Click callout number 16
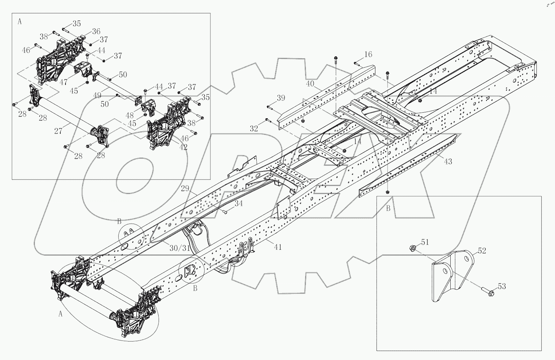coord(368,54)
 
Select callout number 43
coord(448,161)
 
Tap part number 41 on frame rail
coord(278,247)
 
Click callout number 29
coord(185,189)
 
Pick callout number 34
coord(238,203)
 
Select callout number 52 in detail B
coord(482,250)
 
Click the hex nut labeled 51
coord(412,248)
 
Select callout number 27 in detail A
coord(58,131)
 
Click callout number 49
coord(97,96)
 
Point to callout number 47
coord(63,82)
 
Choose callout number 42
coord(183,147)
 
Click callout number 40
coord(310,84)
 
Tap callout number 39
coord(281,98)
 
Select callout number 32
coord(254,128)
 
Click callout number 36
coord(96,31)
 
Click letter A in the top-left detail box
coord(19,21)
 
